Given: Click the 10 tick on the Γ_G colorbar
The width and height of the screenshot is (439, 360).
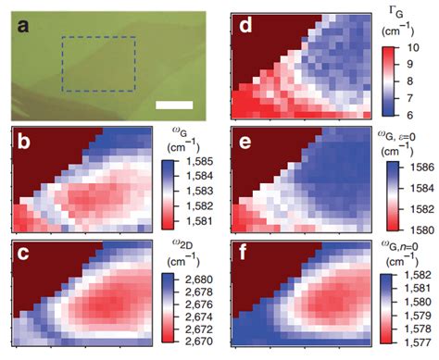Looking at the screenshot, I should (412, 45).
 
